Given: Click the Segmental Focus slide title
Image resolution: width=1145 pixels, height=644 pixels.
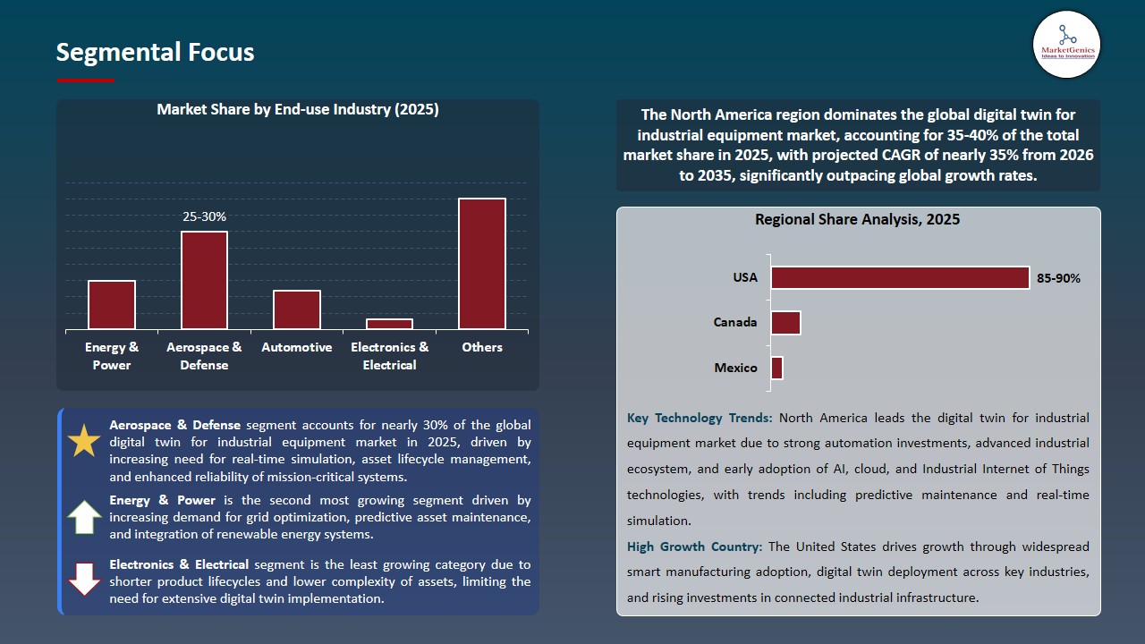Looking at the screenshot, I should coord(155,53).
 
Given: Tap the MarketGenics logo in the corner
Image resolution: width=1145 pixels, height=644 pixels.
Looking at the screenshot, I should coord(1066,45).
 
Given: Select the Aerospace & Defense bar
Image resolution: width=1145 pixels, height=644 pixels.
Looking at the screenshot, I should coord(204,280).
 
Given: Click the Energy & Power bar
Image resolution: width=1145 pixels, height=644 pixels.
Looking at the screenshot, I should coord(112,305).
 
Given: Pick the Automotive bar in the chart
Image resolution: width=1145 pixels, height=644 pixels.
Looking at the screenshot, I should coord(297,309).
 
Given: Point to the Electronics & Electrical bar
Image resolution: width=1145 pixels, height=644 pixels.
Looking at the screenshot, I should coord(389,324).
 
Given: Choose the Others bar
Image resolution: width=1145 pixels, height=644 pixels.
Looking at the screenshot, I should coord(482,264).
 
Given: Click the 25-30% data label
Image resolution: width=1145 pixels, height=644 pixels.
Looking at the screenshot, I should coord(204,216).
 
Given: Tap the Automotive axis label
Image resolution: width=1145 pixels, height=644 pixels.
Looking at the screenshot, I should coord(296,347).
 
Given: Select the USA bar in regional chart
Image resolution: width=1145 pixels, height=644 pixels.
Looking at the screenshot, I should coord(900,278).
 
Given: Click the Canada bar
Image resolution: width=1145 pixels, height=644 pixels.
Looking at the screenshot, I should coord(785,323).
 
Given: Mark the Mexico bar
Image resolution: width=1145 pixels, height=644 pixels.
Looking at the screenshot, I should coord(776,368).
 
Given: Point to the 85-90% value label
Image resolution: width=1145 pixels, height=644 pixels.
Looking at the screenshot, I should coord(1058,278).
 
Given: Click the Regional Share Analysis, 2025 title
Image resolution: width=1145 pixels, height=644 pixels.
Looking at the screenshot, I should coord(857,219).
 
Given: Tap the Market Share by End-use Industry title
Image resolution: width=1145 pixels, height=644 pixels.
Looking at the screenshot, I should coord(297,109).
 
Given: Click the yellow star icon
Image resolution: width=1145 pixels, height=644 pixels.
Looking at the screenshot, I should coord(84,441).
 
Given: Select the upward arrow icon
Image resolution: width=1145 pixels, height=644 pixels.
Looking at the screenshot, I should coord(84,517).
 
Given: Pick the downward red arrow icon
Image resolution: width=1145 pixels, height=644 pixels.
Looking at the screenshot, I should coord(84,579).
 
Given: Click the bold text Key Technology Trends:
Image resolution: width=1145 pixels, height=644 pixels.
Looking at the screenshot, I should coord(700,418).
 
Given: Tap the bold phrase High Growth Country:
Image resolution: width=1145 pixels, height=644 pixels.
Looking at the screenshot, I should coord(695,547).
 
